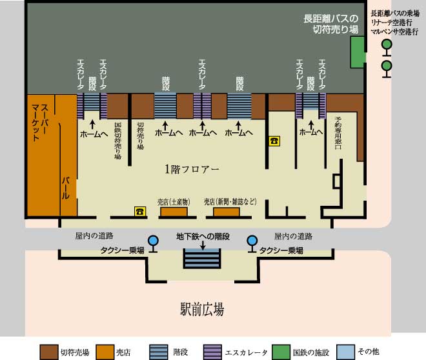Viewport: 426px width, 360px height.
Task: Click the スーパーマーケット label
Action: (40, 122)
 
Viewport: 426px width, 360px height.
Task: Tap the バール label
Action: (65, 188)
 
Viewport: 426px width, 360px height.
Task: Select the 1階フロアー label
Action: (192, 169)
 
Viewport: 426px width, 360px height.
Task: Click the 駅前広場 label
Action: (203, 309)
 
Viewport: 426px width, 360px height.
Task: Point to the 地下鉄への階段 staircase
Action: (202, 259)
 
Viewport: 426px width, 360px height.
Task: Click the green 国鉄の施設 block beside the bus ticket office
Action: (358, 52)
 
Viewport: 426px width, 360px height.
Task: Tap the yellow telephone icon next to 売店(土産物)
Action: (140, 212)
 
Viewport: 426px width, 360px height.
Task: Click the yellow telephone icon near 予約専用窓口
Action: (274, 141)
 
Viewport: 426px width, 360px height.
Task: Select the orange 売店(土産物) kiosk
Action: (174, 212)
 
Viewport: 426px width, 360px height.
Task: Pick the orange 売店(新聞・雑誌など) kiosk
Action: (227, 212)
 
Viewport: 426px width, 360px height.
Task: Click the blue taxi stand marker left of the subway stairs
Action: (153, 244)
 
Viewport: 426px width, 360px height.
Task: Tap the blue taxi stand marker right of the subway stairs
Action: (252, 244)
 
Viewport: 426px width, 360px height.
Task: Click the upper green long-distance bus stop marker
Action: (387, 47)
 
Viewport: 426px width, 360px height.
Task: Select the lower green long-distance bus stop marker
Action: (387, 69)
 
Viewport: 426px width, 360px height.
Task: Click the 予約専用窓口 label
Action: (338, 133)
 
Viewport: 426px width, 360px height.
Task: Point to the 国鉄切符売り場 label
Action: (118, 141)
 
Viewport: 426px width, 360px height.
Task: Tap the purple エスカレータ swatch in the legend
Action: (212, 352)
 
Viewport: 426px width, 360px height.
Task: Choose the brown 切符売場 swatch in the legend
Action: (49, 352)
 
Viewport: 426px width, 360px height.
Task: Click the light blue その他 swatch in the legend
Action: (345, 352)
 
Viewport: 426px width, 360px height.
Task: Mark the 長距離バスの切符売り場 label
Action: (331, 24)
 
